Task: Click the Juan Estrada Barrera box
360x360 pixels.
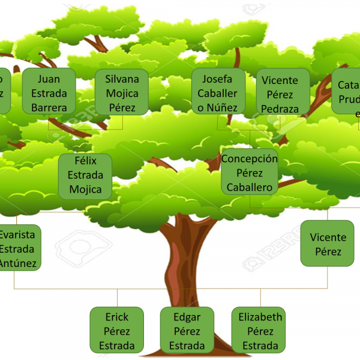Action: (x=49, y=91)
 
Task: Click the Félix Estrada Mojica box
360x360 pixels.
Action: (x=85, y=175)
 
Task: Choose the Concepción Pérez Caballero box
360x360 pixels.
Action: (x=250, y=173)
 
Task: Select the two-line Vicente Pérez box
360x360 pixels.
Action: (x=328, y=244)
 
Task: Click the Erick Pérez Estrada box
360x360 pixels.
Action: (x=117, y=331)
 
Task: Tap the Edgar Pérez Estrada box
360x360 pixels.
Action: (x=187, y=331)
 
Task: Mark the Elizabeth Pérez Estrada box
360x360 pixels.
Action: (x=260, y=331)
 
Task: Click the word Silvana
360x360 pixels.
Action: (x=122, y=79)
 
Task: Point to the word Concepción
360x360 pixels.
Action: (x=250, y=159)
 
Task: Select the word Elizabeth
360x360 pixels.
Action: (x=260, y=317)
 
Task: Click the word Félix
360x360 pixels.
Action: (x=85, y=161)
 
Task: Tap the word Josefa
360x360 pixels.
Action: (x=217, y=79)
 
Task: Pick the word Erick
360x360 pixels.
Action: (x=117, y=317)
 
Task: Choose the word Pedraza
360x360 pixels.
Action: (x=280, y=109)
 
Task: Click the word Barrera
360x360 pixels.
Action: (x=49, y=107)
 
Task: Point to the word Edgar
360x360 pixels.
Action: (x=187, y=317)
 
